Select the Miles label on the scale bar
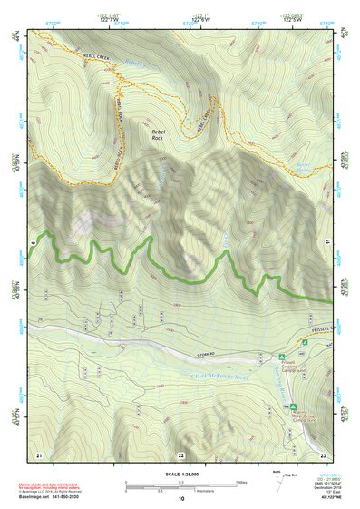[x=239, y=481]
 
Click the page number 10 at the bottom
[x=180, y=499]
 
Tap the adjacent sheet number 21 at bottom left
[x=39, y=454]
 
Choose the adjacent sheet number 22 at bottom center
[x=180, y=454]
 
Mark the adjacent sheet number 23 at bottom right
[x=322, y=454]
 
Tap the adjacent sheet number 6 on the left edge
[x=33, y=243]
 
